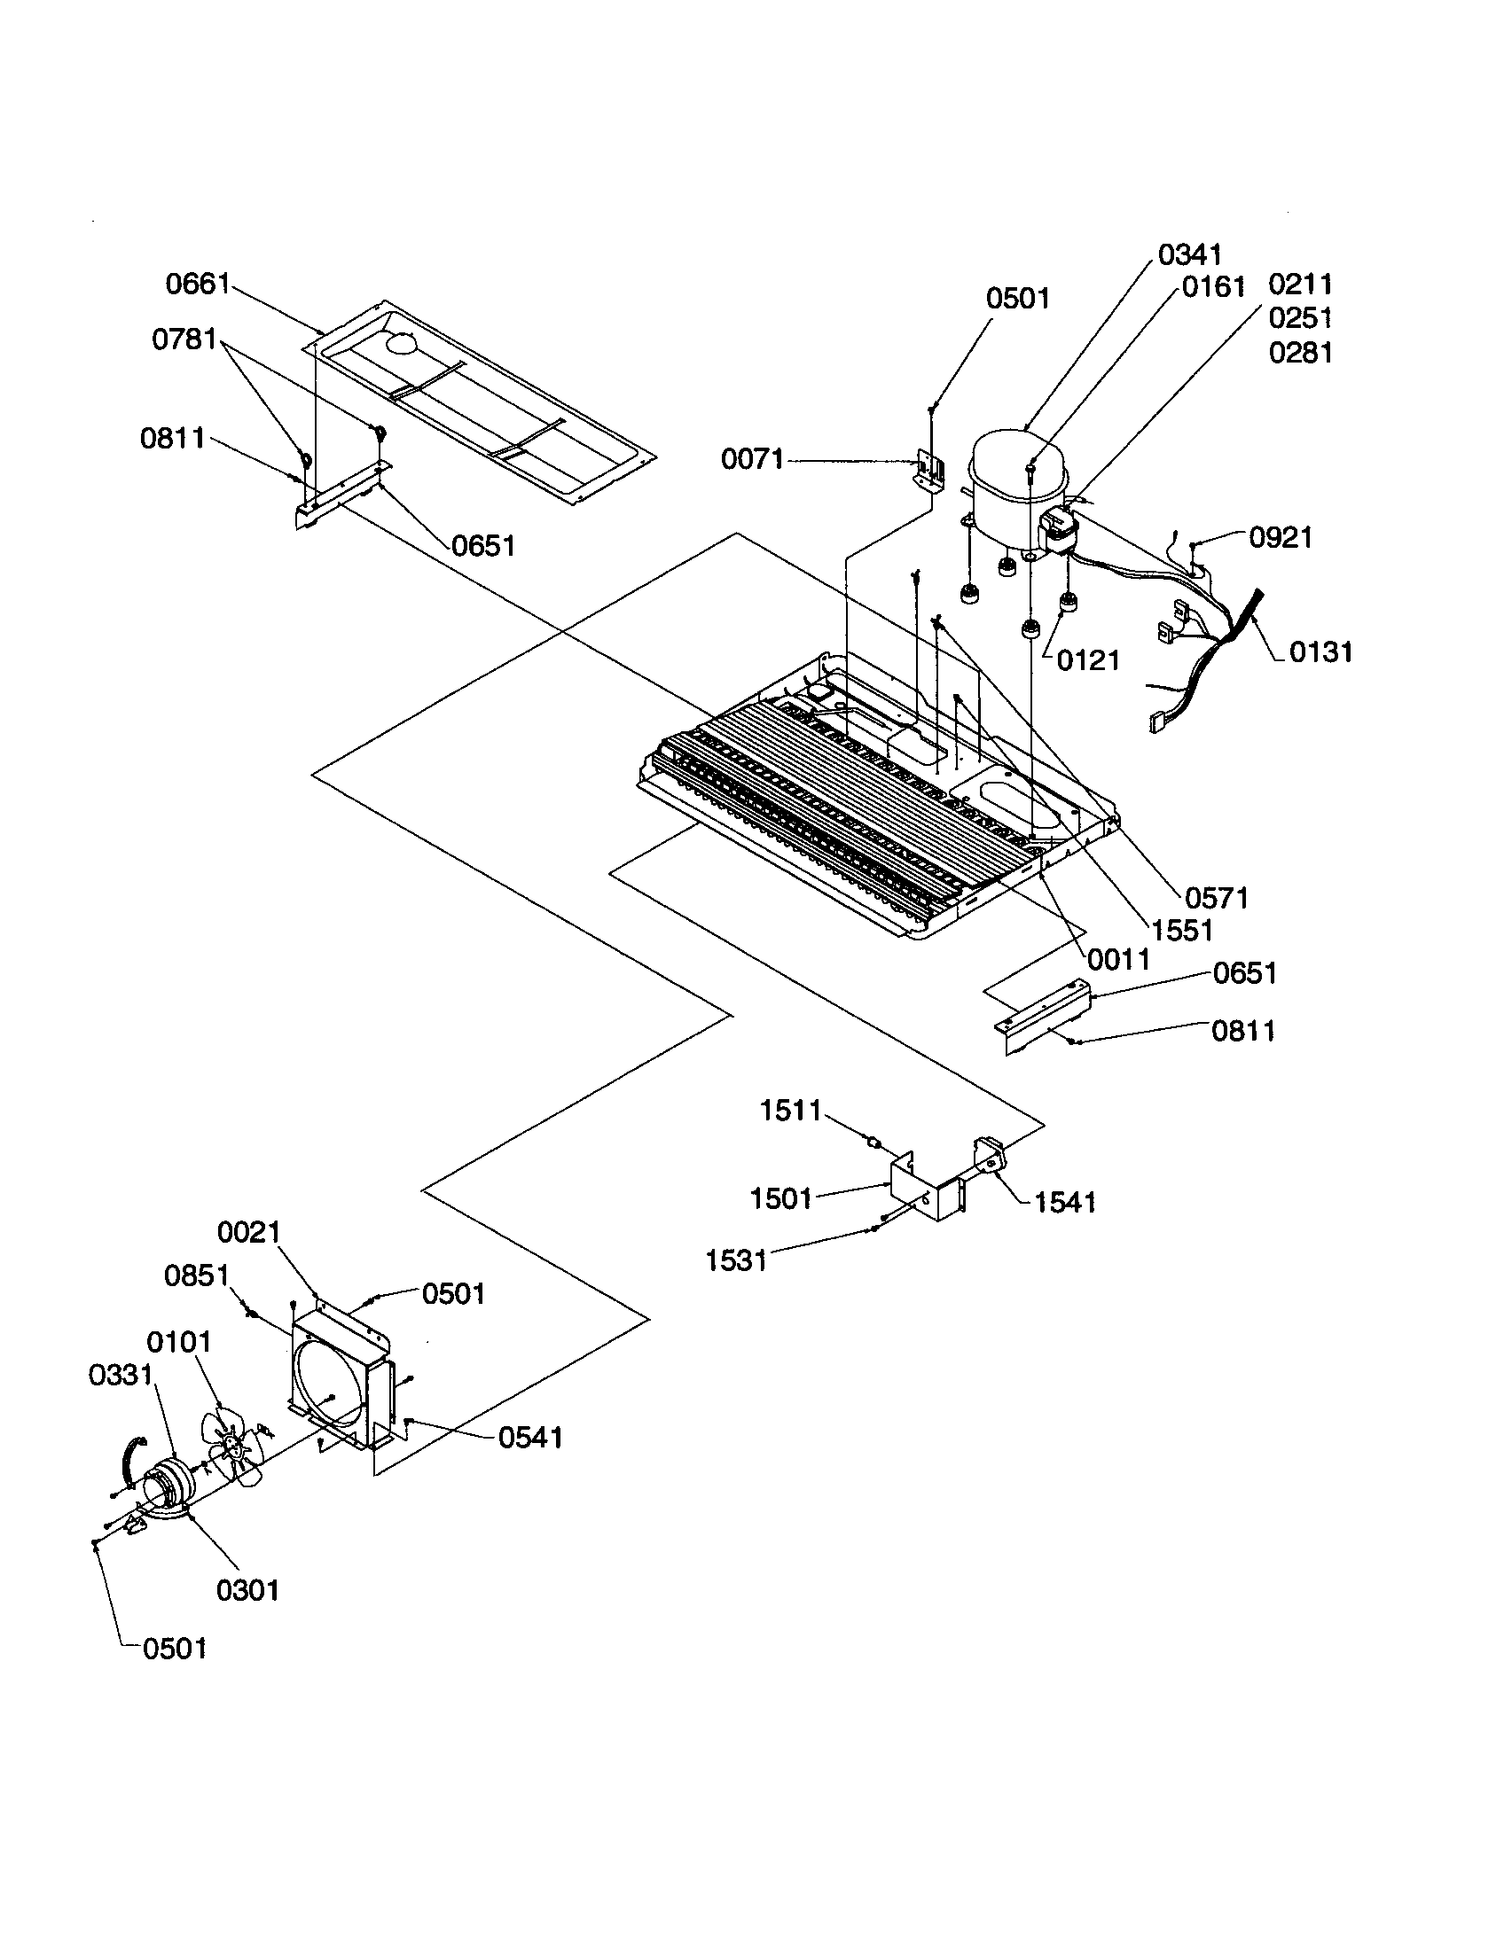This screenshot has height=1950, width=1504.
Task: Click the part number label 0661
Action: tap(198, 285)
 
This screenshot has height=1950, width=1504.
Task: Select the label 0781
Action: tap(184, 339)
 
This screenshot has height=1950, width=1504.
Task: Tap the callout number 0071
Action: tap(752, 460)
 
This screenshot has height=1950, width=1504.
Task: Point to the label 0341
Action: tap(1189, 255)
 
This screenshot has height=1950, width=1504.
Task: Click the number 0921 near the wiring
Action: tap(1280, 537)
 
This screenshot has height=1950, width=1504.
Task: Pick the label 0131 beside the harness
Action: tap(1320, 652)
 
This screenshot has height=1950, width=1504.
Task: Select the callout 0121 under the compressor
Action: tap(1087, 660)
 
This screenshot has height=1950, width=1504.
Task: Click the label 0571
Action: tap(1217, 898)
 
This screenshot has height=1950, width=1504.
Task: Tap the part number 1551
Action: tap(1181, 931)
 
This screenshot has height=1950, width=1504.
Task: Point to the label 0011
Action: tap(1118, 960)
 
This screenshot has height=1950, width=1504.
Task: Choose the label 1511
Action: tap(790, 1111)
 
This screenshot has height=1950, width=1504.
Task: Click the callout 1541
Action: tap(1064, 1203)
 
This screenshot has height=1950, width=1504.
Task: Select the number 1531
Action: tap(736, 1260)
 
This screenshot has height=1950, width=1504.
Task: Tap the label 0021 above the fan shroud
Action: tap(249, 1232)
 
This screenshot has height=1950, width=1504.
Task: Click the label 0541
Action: tap(530, 1437)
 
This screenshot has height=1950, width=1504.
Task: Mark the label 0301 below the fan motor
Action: tap(248, 1590)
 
